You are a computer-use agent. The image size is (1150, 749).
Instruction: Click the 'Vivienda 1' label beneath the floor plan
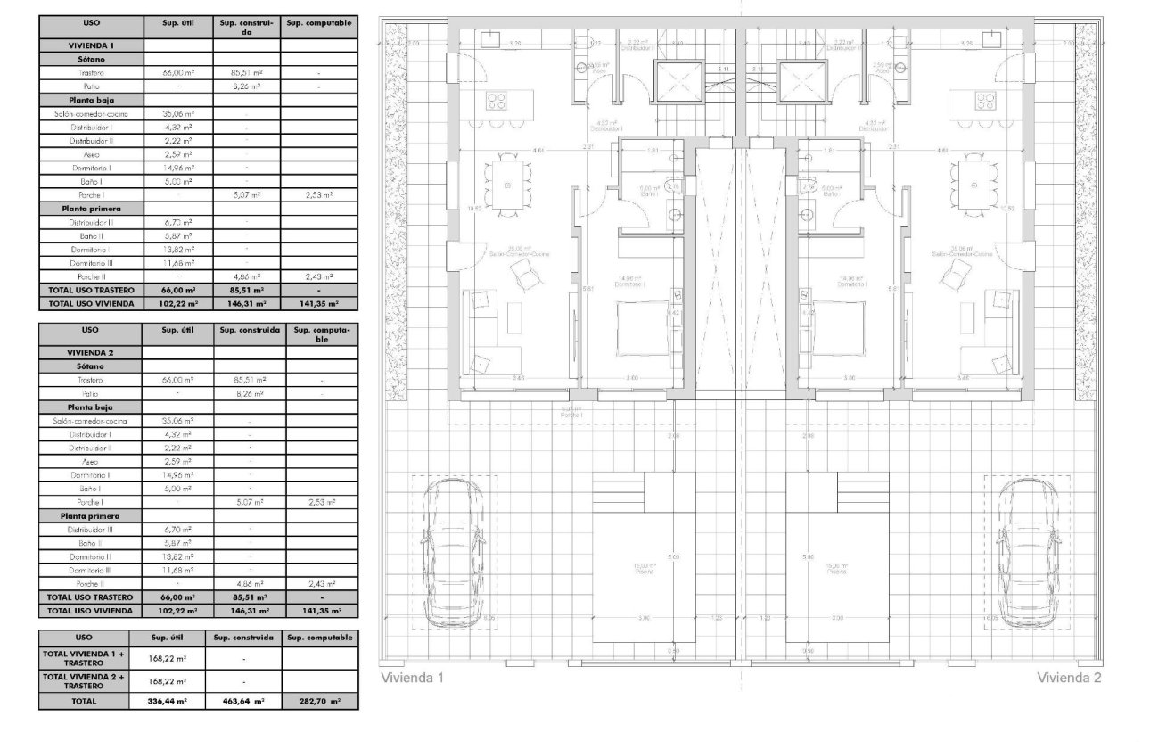[412, 679]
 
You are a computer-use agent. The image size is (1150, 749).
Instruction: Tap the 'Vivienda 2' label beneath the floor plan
[1069, 679]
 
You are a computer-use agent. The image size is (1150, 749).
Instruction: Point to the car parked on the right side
[1026, 554]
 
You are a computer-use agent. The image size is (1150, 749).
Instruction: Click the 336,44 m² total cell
[168, 702]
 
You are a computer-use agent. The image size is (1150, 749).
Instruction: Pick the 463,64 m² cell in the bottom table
[243, 702]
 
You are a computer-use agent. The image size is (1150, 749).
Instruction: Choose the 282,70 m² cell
[319, 702]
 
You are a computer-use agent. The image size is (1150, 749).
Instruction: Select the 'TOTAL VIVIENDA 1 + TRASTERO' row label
[85, 658]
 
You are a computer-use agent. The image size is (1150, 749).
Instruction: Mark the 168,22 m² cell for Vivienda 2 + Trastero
[168, 681]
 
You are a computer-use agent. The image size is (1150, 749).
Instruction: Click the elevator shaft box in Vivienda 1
[678, 82]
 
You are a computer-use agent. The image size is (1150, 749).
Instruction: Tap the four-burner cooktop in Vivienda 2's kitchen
[986, 99]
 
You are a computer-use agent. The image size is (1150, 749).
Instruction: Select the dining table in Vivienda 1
[508, 185]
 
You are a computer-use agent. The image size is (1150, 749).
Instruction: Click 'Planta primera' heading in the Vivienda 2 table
[90, 516]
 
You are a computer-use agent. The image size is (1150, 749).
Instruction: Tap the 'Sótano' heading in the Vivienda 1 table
[90, 59]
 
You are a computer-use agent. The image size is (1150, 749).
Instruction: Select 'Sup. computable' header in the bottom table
[319, 638]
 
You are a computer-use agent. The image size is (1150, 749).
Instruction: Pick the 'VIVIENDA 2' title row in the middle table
[90, 352]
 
